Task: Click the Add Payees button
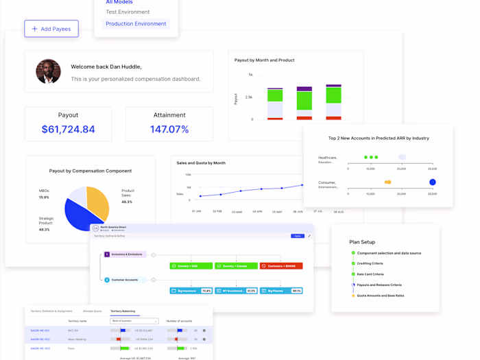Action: pyautogui.click(x=51, y=29)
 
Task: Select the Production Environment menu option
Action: pyautogui.click(x=136, y=24)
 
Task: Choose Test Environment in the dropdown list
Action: pyautogui.click(x=128, y=12)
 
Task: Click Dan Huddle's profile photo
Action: pyautogui.click(x=48, y=71)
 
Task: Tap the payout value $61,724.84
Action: pyautogui.click(x=68, y=129)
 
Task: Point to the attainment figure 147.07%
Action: pyautogui.click(x=169, y=129)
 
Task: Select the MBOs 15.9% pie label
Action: pyautogui.click(x=44, y=193)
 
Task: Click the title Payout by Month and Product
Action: pyautogui.click(x=264, y=60)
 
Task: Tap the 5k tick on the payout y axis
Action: pyautogui.click(x=250, y=75)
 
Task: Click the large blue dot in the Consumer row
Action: pyautogui.click(x=432, y=182)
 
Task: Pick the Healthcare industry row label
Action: pyautogui.click(x=327, y=160)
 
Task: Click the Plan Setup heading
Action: pyautogui.click(x=362, y=242)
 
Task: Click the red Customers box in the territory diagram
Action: pyautogui.click(x=281, y=266)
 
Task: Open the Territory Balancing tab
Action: pyautogui.click(x=123, y=311)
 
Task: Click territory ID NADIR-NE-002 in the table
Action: pyautogui.click(x=40, y=339)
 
